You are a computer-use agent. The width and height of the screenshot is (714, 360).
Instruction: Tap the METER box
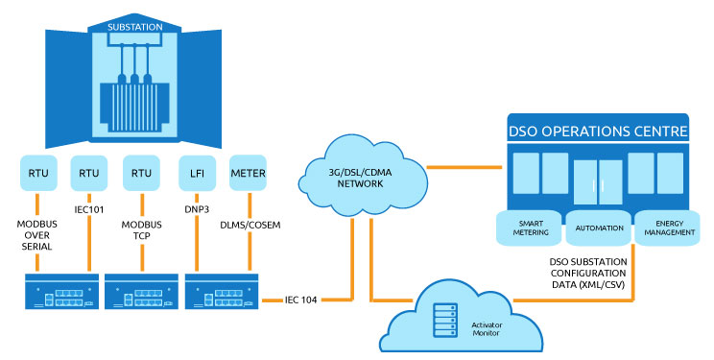[249, 174]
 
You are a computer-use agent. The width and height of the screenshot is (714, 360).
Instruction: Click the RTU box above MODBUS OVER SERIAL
[37, 174]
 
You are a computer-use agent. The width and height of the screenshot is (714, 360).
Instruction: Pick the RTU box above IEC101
[88, 174]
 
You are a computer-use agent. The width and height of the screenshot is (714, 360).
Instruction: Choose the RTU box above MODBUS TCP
[140, 174]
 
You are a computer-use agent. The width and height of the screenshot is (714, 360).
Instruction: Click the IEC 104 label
[305, 300]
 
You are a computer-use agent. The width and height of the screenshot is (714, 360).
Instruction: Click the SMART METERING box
[528, 228]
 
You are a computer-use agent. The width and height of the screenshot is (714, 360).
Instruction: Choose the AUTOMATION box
[596, 228]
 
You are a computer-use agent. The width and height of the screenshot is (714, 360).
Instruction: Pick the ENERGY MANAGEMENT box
[663, 228]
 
